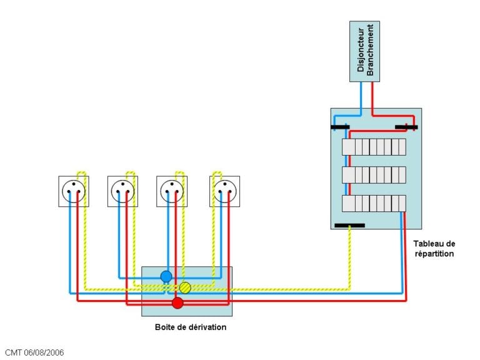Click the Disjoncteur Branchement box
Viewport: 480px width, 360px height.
364,51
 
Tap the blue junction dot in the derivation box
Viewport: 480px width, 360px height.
166,276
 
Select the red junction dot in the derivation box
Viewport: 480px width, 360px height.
177,302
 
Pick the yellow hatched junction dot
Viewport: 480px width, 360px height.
185,287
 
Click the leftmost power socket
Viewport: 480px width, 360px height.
74,191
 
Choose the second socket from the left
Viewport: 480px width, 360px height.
122,191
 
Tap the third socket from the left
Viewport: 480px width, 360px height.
172,191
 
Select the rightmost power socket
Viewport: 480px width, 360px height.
225,191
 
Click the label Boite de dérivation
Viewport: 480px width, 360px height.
191,327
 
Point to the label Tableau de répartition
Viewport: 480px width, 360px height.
434,249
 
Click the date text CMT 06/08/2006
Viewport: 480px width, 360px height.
34,352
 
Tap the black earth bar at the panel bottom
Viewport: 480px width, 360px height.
349,226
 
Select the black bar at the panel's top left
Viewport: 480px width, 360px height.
340,127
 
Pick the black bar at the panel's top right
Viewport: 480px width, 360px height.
406,127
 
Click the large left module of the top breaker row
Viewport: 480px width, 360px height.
348,147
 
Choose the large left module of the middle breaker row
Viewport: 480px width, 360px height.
348,175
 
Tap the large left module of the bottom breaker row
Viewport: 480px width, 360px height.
348,204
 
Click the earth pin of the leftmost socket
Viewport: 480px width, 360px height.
74,184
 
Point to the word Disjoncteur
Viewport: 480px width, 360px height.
361,50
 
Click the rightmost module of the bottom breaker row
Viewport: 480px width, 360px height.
402,204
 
